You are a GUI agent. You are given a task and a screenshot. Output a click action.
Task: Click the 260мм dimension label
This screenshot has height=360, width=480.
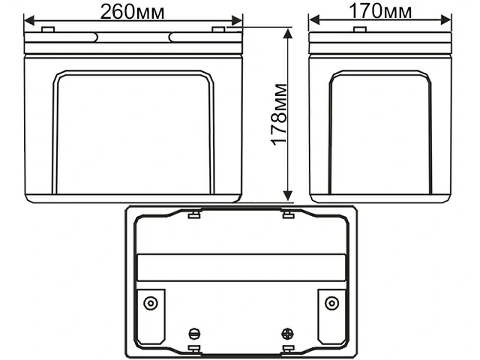(132, 12)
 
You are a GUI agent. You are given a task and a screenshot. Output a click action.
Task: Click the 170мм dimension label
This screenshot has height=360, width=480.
(380, 11)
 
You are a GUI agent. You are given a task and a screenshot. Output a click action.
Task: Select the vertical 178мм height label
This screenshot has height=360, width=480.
(279, 114)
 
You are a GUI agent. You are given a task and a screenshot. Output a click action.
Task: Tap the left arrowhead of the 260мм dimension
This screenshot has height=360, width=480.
(29, 21)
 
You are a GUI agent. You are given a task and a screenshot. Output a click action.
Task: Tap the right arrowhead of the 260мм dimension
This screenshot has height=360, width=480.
(237, 21)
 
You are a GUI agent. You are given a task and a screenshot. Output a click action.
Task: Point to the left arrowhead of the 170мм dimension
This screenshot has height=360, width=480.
(314, 20)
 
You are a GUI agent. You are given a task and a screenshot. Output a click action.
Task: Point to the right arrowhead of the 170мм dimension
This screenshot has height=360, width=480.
(446, 20)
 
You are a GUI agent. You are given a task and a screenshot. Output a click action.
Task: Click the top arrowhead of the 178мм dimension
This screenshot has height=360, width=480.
(287, 33)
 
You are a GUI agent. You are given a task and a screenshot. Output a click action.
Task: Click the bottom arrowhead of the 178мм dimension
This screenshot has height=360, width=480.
(287, 196)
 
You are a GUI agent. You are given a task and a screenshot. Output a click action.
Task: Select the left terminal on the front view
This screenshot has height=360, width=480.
(48, 29)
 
